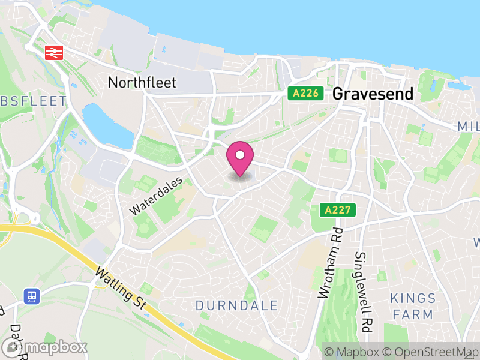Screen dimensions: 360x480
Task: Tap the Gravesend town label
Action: click(373, 94)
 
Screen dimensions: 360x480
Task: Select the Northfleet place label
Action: click(142, 82)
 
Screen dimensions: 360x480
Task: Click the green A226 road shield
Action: click(305, 93)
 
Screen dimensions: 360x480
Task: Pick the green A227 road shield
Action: click(337, 210)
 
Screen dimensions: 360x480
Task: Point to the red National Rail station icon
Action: click(53, 53)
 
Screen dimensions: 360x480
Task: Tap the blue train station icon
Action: click(31, 295)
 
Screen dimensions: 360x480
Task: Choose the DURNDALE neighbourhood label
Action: click(236, 305)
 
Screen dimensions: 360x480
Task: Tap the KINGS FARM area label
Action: click(412, 306)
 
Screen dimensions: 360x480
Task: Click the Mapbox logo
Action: click(45, 347)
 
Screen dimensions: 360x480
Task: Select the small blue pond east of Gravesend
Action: click(460, 85)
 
